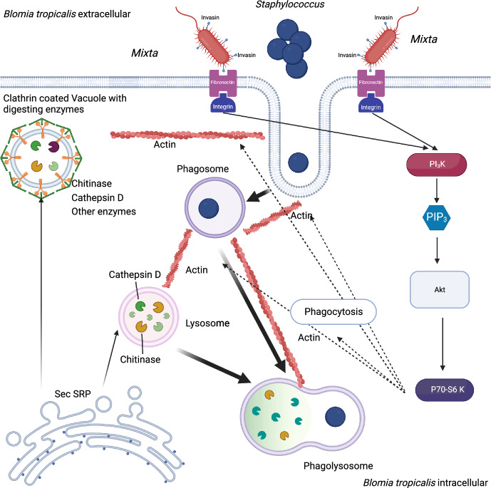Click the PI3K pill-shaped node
click(x=437, y=165)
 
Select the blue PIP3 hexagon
click(x=437, y=217)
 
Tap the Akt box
click(x=440, y=289)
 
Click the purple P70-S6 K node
click(x=445, y=390)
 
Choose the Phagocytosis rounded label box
click(x=334, y=311)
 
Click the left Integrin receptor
click(x=222, y=103)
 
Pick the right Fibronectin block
click(x=371, y=83)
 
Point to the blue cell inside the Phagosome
click(x=209, y=208)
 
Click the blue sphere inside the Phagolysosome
click(x=336, y=417)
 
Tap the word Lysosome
click(x=207, y=323)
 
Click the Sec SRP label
click(x=73, y=394)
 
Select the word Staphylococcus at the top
click(x=290, y=5)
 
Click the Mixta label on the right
click(x=424, y=39)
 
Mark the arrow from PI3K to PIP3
click(x=437, y=191)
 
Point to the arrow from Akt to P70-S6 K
click(x=442, y=344)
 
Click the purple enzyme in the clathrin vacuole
click(x=53, y=147)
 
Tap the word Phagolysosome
click(x=338, y=466)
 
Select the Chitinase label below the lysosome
click(x=140, y=359)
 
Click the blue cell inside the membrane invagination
click(x=298, y=162)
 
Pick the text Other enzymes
click(x=103, y=212)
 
